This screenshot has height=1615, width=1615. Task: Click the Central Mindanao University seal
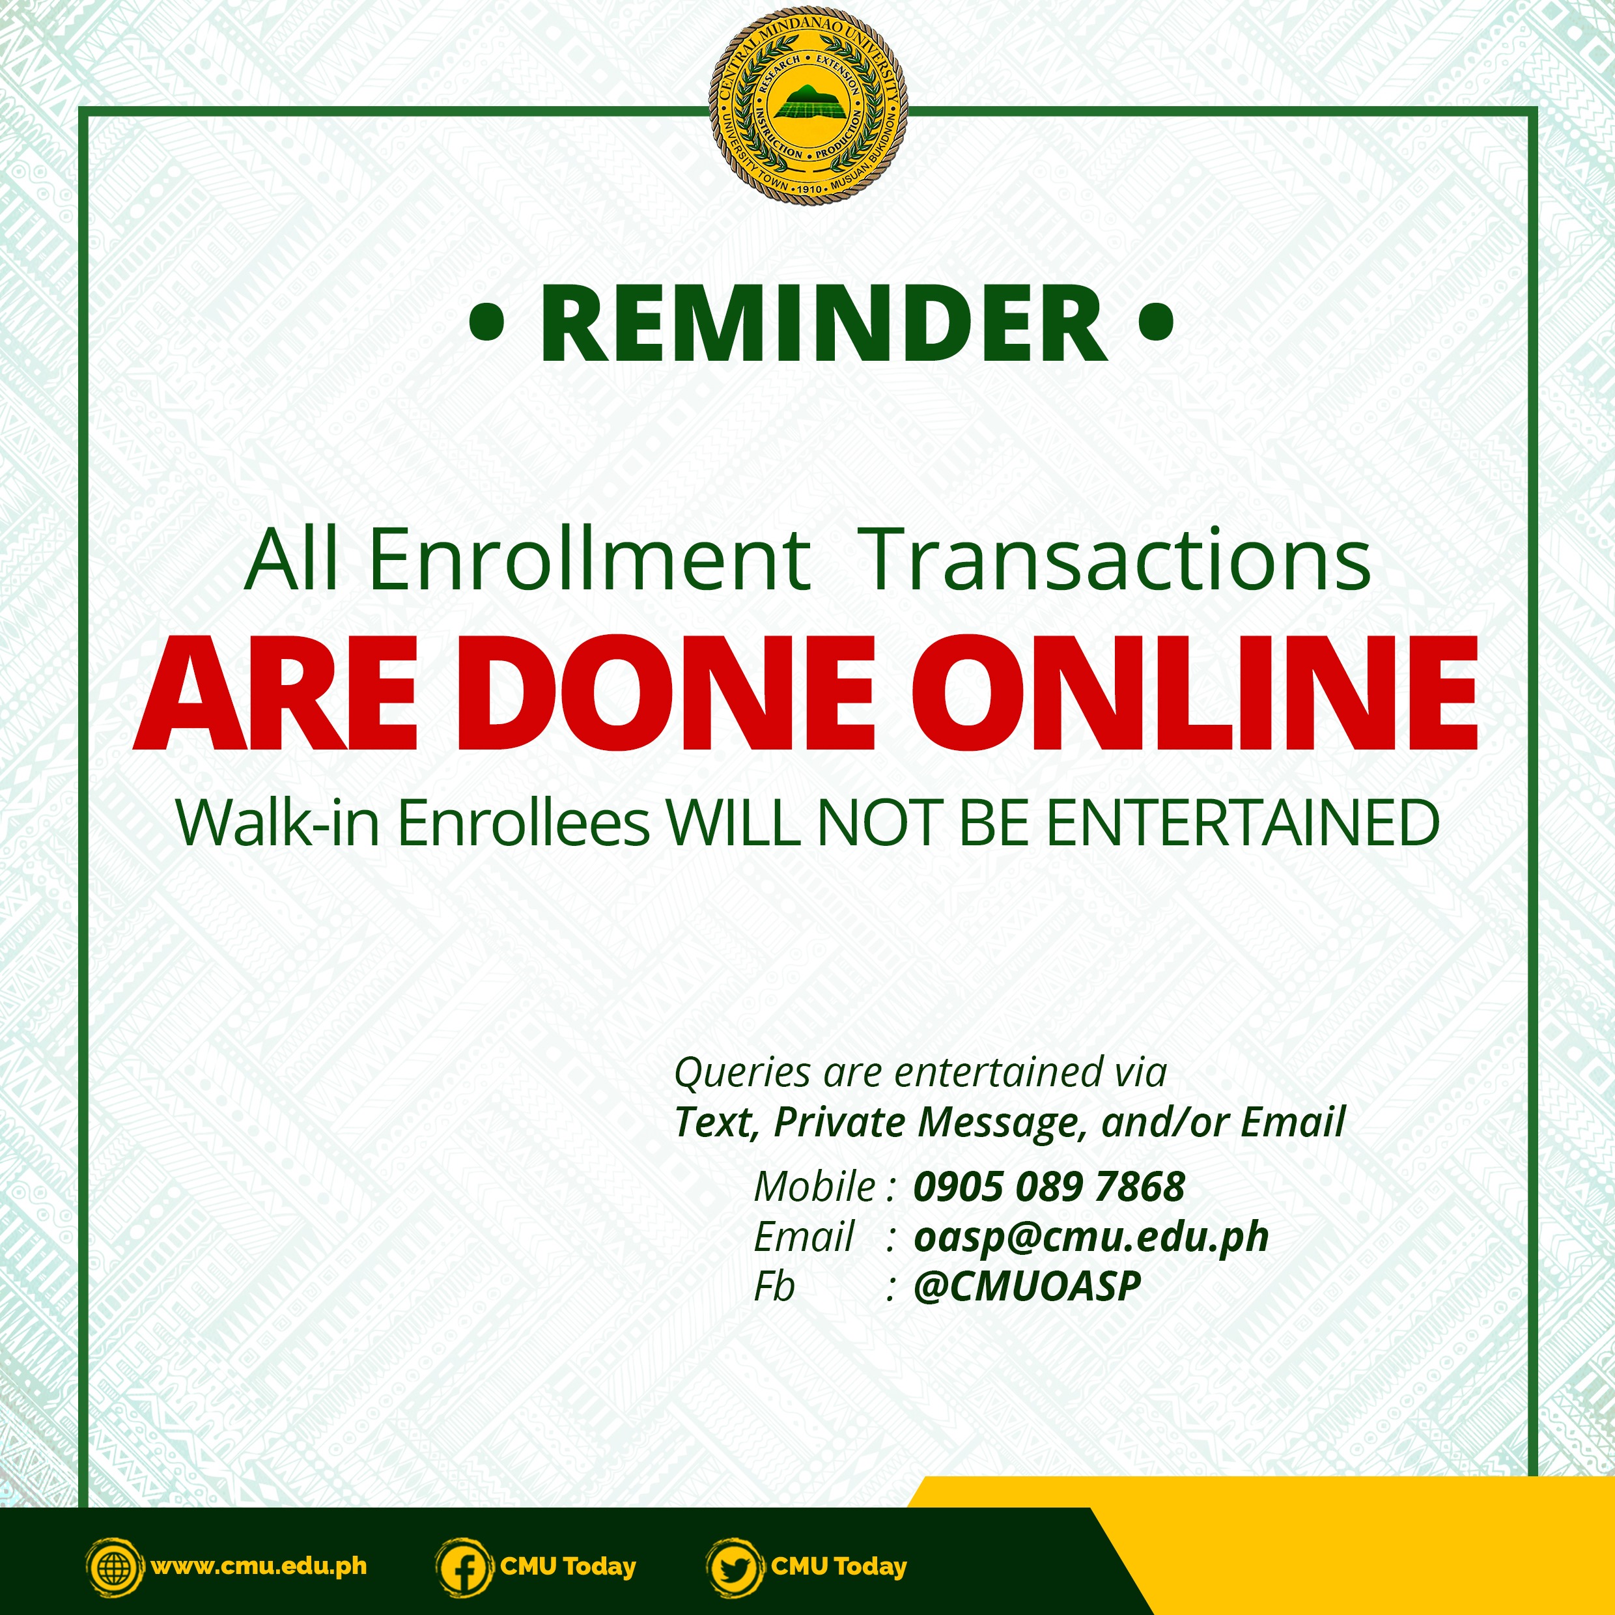[x=807, y=105]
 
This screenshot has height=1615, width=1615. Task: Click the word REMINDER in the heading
[x=824, y=324]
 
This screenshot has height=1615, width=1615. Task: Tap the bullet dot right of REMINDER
[x=1156, y=322]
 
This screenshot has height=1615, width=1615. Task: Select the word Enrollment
[x=589, y=559]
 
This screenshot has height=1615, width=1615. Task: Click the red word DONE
[x=666, y=693]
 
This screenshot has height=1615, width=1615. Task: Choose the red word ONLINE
[x=1194, y=693]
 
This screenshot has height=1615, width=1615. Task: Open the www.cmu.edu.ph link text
[x=259, y=1566]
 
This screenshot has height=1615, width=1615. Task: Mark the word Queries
[x=742, y=1073]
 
